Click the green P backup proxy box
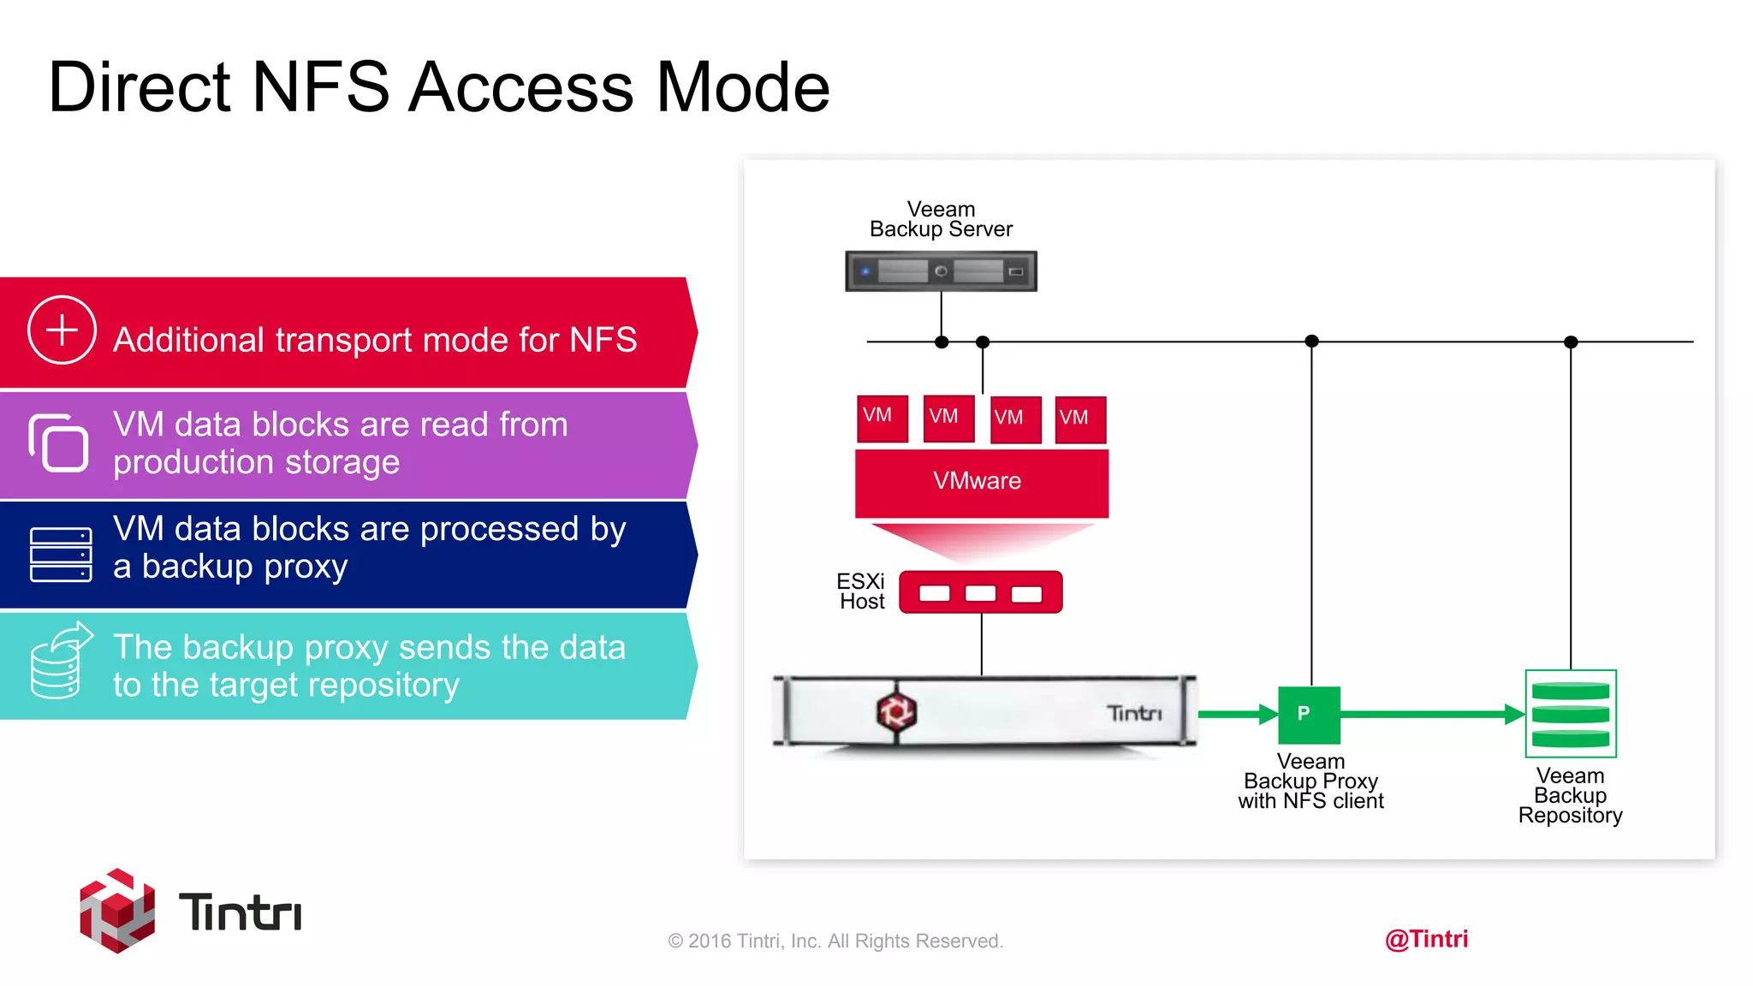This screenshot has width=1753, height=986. [1309, 715]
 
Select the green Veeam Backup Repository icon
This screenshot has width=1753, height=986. [1571, 714]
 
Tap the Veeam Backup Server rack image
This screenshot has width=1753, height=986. [941, 271]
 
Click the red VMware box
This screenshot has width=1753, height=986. [981, 482]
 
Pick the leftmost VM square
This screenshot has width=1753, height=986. [882, 419]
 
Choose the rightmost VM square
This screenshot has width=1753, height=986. [1080, 419]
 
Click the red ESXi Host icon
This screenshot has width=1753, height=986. [981, 592]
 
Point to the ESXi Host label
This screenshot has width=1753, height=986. [861, 591]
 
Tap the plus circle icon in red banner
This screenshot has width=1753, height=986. [62, 330]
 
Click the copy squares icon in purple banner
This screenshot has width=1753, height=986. [58, 443]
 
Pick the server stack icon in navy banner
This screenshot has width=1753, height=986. [61, 555]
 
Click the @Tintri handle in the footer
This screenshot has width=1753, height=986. [1426, 939]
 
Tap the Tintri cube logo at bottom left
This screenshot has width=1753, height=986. [117, 911]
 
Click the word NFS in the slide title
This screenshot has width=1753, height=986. [321, 87]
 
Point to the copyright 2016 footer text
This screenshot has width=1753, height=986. [835, 941]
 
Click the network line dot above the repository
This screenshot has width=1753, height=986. [1571, 342]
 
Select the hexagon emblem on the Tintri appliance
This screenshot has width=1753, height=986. [896, 711]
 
